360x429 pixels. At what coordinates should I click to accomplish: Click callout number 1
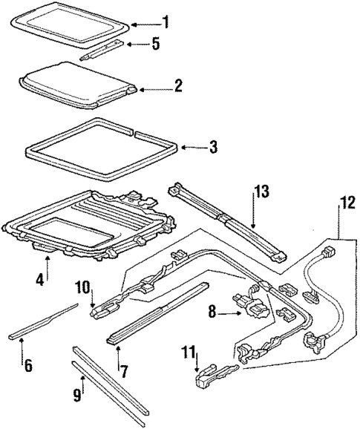point(166,22)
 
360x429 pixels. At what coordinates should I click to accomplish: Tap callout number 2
point(177,87)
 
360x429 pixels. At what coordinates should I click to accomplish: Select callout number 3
point(213,147)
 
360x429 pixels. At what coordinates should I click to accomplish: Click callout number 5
point(156,44)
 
